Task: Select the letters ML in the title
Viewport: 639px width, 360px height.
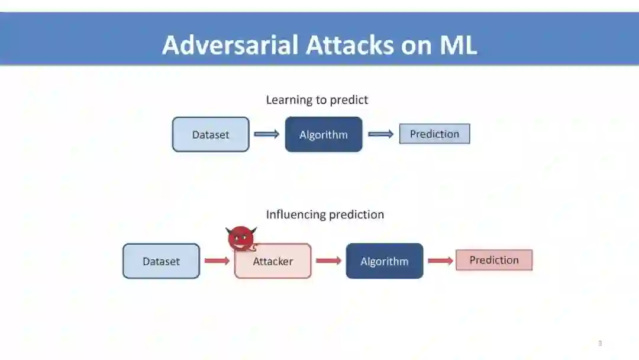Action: (x=457, y=45)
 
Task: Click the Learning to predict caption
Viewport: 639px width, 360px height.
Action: (x=317, y=100)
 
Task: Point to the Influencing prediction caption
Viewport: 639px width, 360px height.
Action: (x=325, y=214)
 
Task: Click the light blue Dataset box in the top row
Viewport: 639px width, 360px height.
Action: (x=211, y=134)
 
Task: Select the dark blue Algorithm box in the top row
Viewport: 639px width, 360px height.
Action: (x=324, y=134)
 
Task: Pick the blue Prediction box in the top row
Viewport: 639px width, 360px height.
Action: (x=434, y=134)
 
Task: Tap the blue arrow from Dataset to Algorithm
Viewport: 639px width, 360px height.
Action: (x=267, y=134)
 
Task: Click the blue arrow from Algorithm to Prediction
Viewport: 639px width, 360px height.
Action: (x=380, y=134)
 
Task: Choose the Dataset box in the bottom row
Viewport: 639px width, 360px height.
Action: (x=161, y=261)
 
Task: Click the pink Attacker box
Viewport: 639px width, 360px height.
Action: (x=273, y=261)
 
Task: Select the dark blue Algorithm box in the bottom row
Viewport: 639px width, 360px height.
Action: (x=385, y=261)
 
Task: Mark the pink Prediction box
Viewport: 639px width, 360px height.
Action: (x=494, y=260)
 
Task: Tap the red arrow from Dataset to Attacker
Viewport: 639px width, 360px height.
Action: (x=217, y=261)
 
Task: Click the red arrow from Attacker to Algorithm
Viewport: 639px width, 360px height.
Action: (x=328, y=261)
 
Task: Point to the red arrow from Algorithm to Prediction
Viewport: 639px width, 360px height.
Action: (x=440, y=261)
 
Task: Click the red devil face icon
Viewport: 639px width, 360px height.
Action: (x=241, y=239)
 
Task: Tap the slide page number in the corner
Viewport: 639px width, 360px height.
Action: (x=600, y=343)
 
